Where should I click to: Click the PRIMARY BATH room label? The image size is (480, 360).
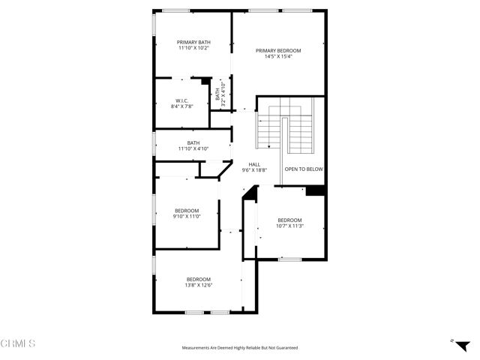pyautogui.click(x=193, y=42)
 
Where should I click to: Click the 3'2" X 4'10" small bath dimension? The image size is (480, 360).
pyautogui.click(x=223, y=94)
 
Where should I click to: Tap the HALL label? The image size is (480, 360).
pyautogui.click(x=254, y=164)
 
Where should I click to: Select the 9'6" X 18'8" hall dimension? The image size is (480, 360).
pyautogui.click(x=254, y=170)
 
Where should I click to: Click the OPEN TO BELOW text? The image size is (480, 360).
pyautogui.click(x=304, y=169)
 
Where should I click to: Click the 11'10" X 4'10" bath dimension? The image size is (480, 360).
pyautogui.click(x=193, y=148)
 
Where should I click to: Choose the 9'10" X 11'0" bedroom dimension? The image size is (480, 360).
pyautogui.click(x=187, y=216)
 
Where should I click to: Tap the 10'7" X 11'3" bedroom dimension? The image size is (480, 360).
pyautogui.click(x=289, y=226)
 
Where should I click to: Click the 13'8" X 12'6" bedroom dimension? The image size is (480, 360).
pyautogui.click(x=198, y=285)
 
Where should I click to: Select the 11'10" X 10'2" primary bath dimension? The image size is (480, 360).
pyautogui.click(x=193, y=48)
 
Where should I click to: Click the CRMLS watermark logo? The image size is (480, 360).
pyautogui.click(x=18, y=344)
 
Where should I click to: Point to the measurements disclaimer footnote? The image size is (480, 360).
pyautogui.click(x=240, y=348)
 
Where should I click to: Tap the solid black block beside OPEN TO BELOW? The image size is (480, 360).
pyautogui.click(x=316, y=190)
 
